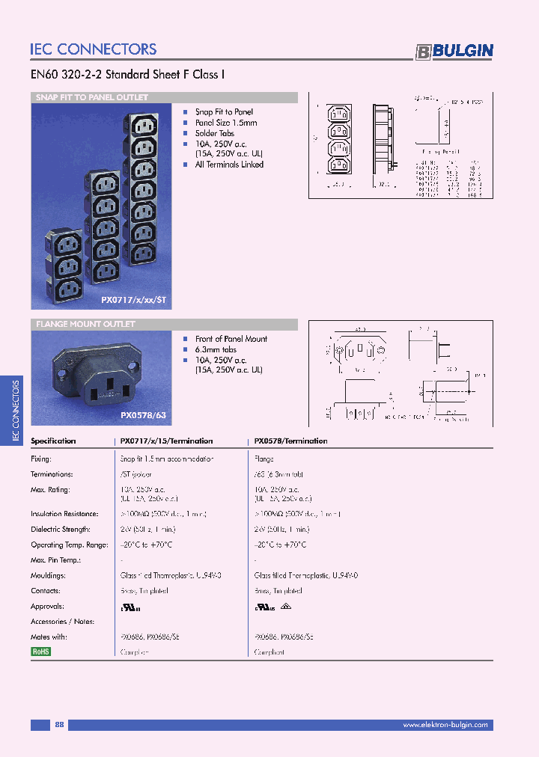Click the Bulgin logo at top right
click(454, 51)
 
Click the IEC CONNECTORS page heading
click(94, 49)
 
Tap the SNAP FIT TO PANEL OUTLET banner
click(92, 97)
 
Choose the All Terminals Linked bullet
click(229, 165)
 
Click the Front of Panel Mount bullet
click(231, 339)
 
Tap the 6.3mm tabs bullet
click(216, 349)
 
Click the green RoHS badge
click(40, 652)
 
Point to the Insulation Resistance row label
click(64, 514)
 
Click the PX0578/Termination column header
click(291, 441)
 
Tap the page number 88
click(59, 725)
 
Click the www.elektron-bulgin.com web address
click(445, 725)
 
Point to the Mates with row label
click(49, 637)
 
